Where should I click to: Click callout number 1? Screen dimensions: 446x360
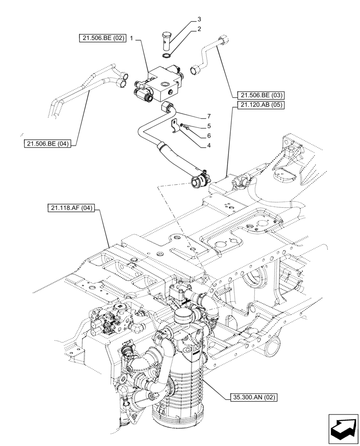coord(132,39)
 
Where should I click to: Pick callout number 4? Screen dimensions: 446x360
coord(209,144)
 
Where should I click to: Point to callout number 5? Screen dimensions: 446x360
coord(209,126)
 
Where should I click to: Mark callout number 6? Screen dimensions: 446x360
coord(209,135)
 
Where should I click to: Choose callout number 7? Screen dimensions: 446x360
coord(209,116)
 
